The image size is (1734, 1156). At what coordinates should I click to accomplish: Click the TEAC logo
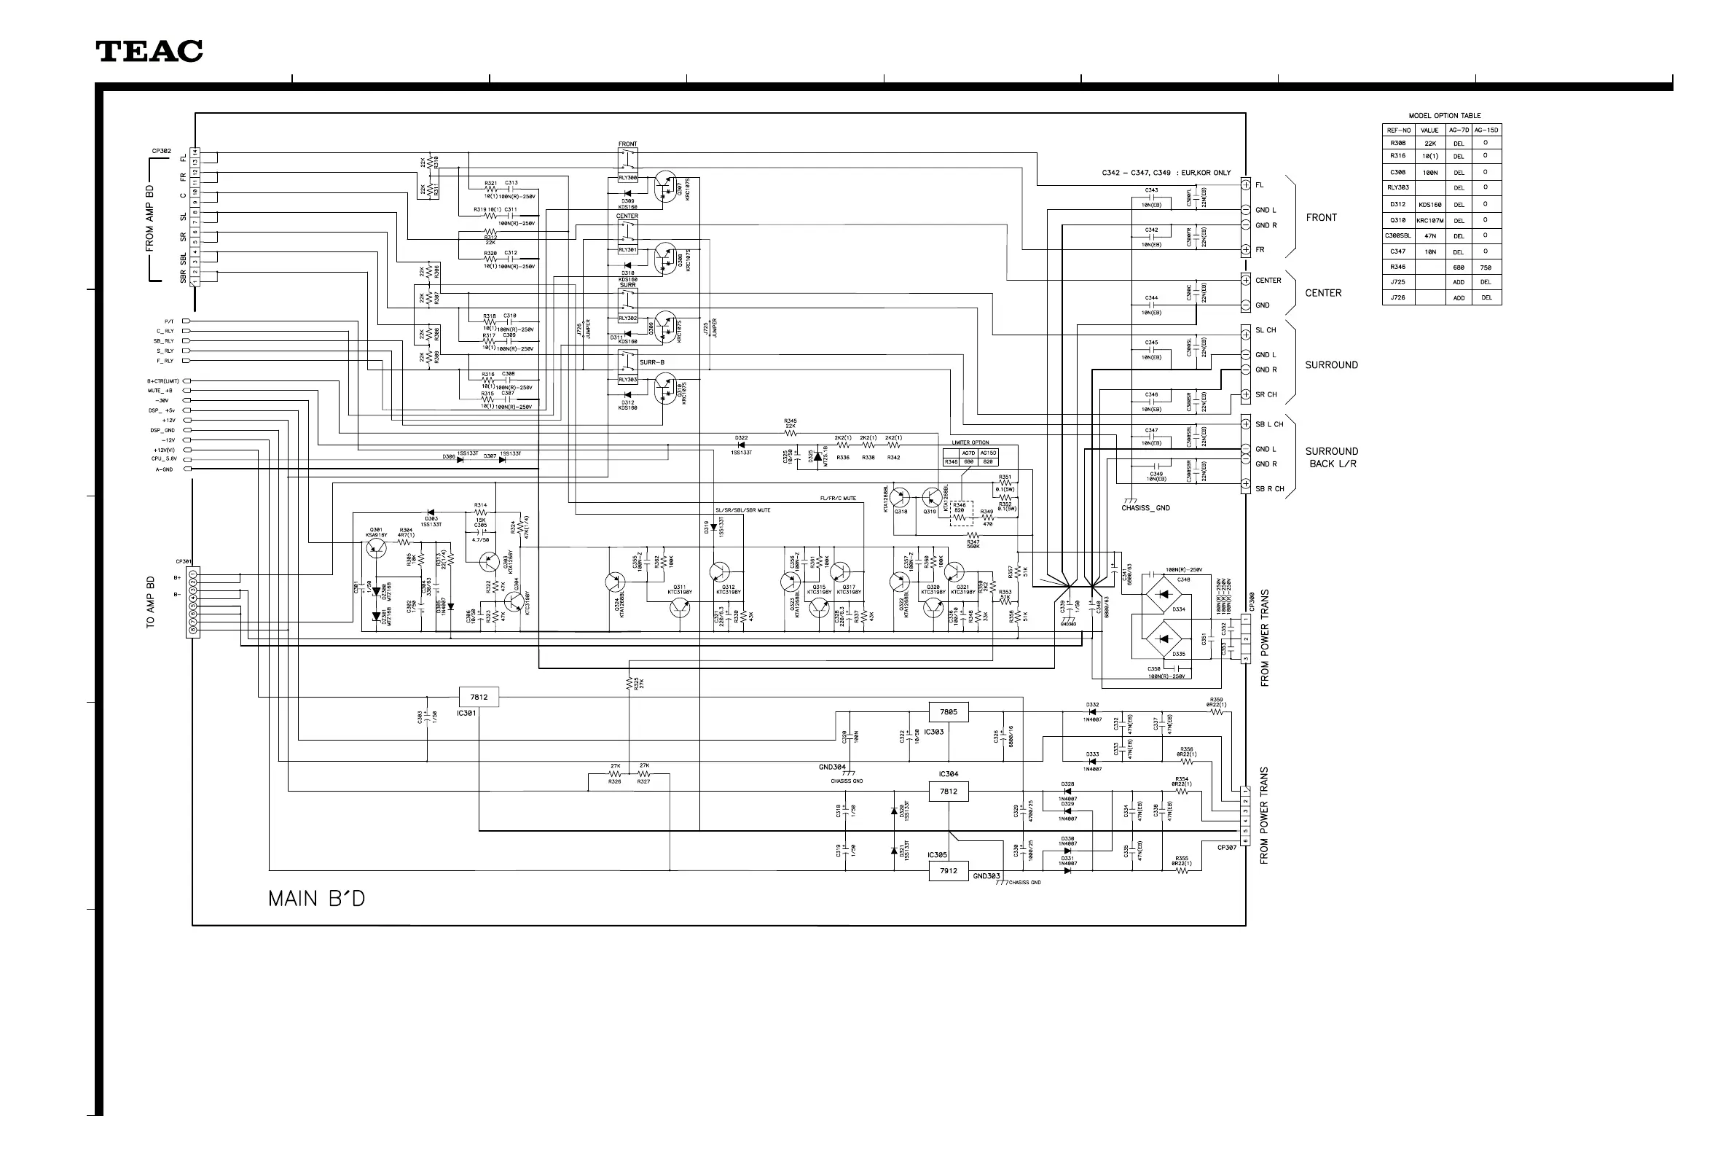point(149,51)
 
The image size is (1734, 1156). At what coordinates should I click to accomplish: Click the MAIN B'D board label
point(316,899)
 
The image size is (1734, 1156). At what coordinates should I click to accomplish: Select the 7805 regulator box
point(948,712)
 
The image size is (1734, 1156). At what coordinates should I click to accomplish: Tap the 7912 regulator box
point(948,871)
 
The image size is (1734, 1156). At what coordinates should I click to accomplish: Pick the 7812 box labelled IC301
point(479,697)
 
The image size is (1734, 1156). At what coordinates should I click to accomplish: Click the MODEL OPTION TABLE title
point(1443,116)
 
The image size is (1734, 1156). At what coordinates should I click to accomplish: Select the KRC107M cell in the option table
point(1429,220)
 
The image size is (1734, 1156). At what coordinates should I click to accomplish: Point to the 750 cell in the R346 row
point(1486,267)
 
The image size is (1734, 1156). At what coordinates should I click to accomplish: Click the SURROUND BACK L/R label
point(1331,457)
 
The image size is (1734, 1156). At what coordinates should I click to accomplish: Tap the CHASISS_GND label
point(1145,508)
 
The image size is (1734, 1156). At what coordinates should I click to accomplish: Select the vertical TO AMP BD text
point(150,601)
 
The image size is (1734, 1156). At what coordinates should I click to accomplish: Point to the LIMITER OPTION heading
point(970,442)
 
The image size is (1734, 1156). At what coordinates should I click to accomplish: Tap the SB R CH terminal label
point(1269,489)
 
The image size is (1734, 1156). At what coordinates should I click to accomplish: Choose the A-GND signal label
point(165,469)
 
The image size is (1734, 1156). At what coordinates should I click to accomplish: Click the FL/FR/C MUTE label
point(838,499)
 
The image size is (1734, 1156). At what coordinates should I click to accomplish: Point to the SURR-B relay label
point(651,363)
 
